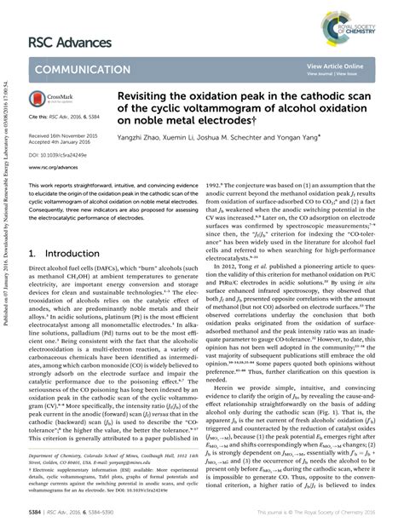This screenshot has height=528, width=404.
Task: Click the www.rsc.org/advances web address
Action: tap(55, 167)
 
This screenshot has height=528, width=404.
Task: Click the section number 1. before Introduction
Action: tap(32, 230)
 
